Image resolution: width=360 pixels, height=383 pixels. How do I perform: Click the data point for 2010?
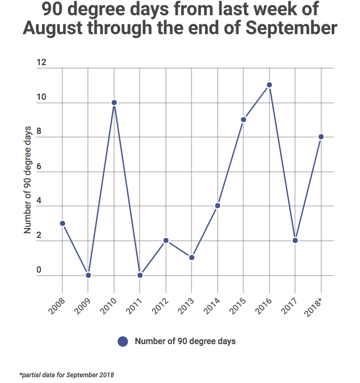pyautogui.click(x=114, y=102)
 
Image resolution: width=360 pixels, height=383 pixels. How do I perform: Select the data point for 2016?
pyautogui.click(x=269, y=85)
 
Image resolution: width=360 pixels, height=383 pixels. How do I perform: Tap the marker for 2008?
pyautogui.click(x=62, y=223)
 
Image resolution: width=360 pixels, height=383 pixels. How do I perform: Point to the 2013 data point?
pyautogui.click(x=192, y=257)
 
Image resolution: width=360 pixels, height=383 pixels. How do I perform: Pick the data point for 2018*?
pyautogui.click(x=321, y=137)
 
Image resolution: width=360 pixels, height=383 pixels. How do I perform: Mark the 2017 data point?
pyautogui.click(x=295, y=241)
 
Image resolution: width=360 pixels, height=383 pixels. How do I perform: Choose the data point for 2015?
pyautogui.click(x=243, y=119)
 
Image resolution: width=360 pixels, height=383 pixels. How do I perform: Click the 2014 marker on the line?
pyautogui.click(x=217, y=205)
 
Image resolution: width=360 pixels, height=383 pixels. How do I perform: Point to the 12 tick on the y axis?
pyautogui.click(x=41, y=63)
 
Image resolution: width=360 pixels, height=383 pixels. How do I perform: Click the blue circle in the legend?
pyautogui.click(x=123, y=341)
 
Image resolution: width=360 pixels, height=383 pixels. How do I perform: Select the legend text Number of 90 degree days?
pyautogui.click(x=185, y=341)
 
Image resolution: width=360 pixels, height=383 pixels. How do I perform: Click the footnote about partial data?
pyautogui.click(x=67, y=375)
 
